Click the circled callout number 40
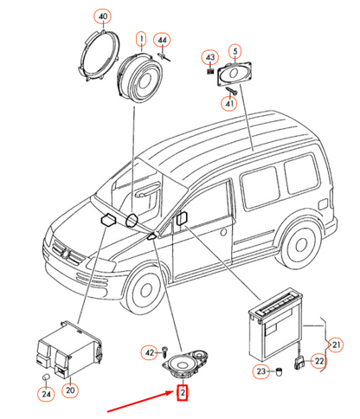[103, 16]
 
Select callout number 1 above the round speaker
[141, 39]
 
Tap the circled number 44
[162, 41]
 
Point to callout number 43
[210, 57]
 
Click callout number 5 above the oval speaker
[235, 51]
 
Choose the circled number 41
[229, 103]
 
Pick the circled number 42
[150, 352]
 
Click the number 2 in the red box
[183, 393]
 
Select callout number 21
[337, 345]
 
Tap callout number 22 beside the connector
[319, 361]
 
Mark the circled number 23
[261, 371]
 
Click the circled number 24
[46, 394]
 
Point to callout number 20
[70, 390]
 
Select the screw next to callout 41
[233, 91]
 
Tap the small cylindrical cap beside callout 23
[279, 371]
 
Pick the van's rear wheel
[300, 245]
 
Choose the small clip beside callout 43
[210, 71]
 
